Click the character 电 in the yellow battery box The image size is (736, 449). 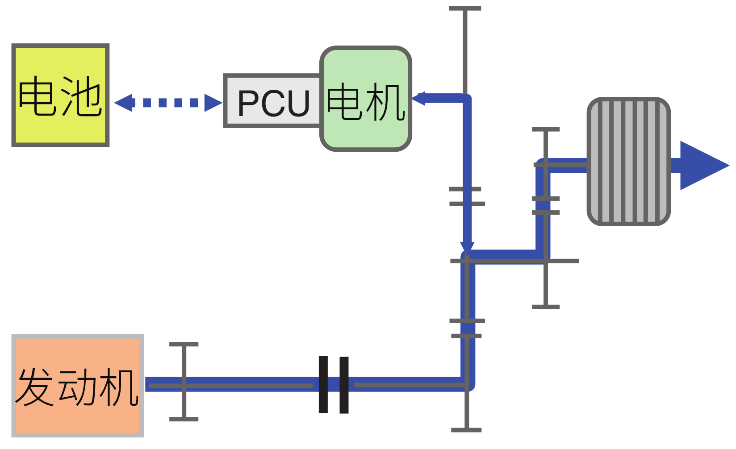[x=39, y=96]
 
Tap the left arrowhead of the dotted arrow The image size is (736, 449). [x=124, y=103]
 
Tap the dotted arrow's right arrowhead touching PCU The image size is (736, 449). [x=213, y=103]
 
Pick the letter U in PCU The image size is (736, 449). [x=297, y=104]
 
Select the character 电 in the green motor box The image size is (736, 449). [x=344, y=102]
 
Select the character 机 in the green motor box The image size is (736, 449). [x=385, y=103]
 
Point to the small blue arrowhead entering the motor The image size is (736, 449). [x=418, y=98]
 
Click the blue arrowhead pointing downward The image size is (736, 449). [x=467, y=248]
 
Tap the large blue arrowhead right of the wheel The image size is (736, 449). [x=702, y=165]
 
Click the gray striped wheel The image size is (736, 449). [x=629, y=161]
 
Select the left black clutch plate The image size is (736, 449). [x=323, y=384]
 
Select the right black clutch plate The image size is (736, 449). [x=344, y=385]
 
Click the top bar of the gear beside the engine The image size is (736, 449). [x=184, y=344]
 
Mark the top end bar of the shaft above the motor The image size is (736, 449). [x=465, y=8]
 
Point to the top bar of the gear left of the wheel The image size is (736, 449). [x=545, y=129]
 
